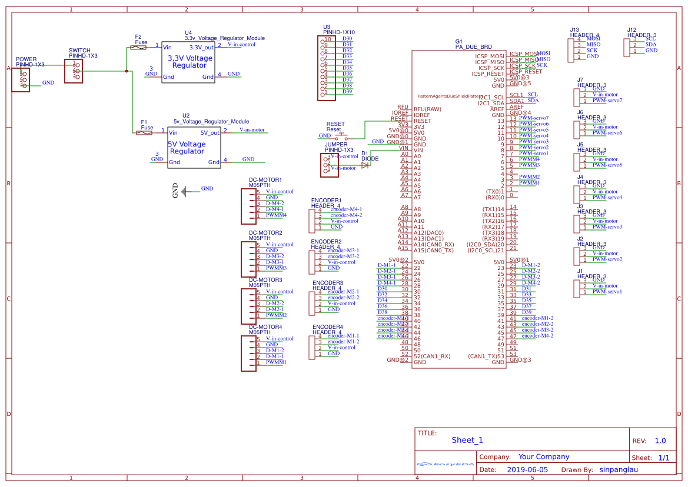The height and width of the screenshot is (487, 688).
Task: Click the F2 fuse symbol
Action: point(138,48)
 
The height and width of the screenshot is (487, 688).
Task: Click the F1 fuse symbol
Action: point(144,133)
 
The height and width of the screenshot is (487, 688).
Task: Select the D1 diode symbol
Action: point(365,165)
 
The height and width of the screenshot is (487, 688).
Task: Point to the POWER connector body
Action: point(21,79)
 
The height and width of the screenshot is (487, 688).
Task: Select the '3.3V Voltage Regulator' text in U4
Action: point(190,62)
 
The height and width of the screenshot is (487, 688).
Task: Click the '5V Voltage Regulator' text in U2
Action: point(187,148)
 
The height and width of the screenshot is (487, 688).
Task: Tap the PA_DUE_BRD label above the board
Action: point(473,46)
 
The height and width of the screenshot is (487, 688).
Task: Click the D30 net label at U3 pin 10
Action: point(347,39)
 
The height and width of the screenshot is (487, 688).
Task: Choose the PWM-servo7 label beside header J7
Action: point(607,100)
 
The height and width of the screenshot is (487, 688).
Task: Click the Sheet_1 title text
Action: point(467,440)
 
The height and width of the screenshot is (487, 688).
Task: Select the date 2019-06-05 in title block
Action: point(527,469)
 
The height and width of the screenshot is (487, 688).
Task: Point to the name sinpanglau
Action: point(618,469)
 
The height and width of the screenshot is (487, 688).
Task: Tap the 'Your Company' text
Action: point(543,456)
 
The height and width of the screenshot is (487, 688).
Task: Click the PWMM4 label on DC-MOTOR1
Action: point(276,215)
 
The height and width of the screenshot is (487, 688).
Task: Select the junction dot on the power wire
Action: point(127,71)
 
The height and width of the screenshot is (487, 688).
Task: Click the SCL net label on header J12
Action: point(650,39)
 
